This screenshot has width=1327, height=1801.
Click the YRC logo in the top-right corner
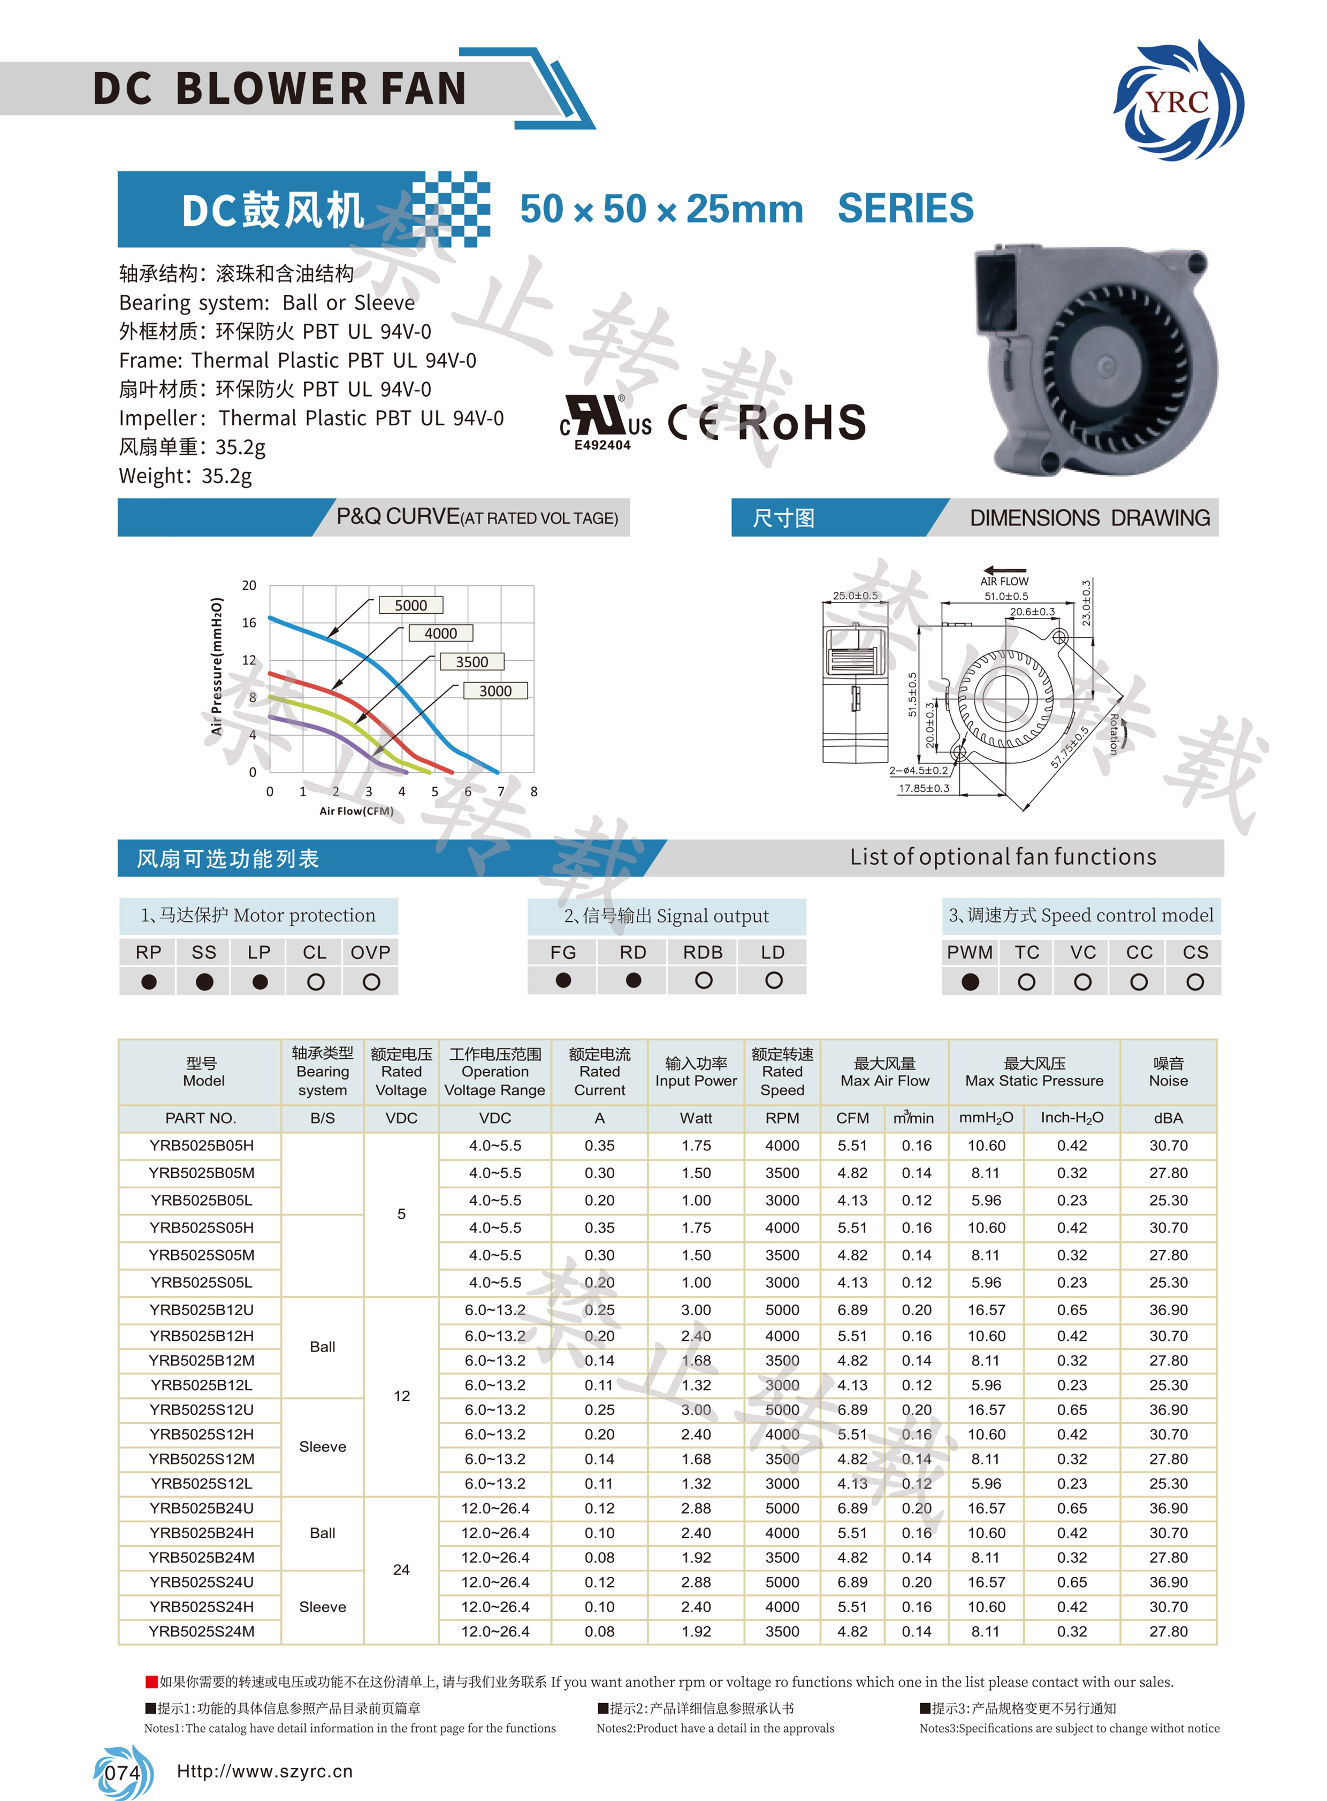click(x=1178, y=101)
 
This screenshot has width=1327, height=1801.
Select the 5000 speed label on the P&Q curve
click(x=410, y=605)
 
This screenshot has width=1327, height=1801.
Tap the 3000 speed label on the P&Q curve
click(x=495, y=690)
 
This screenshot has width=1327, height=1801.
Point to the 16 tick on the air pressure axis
click(x=249, y=623)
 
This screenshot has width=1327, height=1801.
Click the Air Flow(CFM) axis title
click(x=356, y=811)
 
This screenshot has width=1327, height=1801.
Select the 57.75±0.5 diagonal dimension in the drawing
click(x=1070, y=747)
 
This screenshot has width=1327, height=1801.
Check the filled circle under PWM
click(x=970, y=982)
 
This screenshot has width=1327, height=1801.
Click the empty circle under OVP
click(x=371, y=982)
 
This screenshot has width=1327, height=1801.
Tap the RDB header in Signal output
click(x=703, y=952)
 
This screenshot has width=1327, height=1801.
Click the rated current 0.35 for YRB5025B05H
click(x=599, y=1146)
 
